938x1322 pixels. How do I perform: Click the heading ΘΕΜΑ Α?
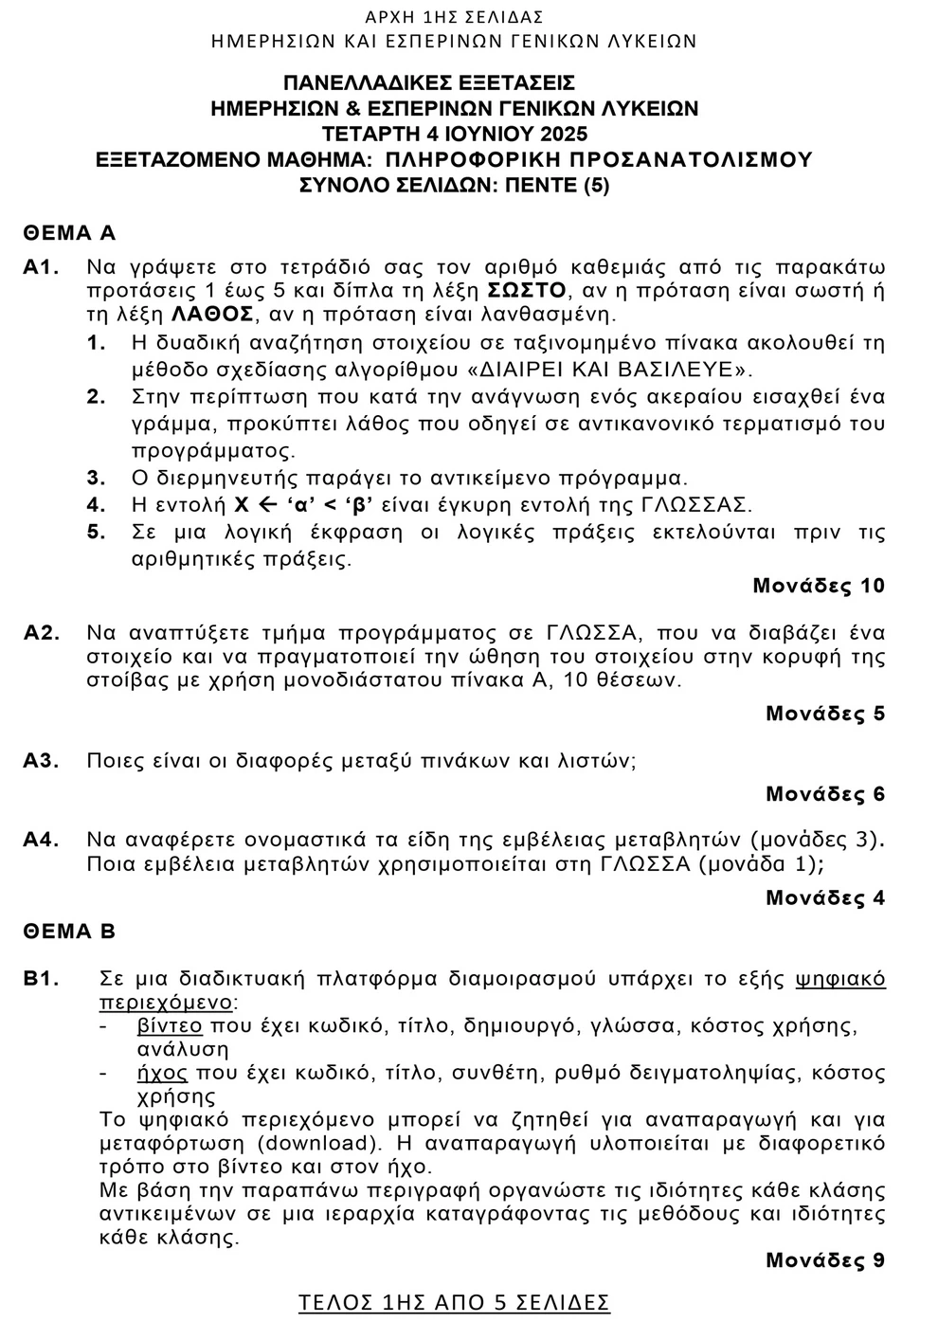point(69,233)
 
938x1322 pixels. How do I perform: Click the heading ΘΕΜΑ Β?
point(69,932)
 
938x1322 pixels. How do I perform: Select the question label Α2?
point(42,633)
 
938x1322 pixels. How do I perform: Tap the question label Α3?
point(42,761)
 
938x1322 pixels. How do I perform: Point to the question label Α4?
point(42,840)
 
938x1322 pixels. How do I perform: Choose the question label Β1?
point(42,979)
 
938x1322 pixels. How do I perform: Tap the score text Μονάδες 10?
point(819,586)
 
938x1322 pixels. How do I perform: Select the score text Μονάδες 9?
point(825,1260)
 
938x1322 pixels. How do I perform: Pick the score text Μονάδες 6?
point(825,794)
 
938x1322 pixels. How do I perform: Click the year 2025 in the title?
point(559,134)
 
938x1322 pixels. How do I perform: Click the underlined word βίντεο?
point(170,1026)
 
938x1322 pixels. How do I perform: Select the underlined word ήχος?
point(162,1074)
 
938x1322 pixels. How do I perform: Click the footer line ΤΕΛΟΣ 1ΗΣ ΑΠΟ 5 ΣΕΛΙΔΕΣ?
point(454,1302)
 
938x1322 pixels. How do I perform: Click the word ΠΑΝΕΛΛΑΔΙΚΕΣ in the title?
point(367,83)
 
